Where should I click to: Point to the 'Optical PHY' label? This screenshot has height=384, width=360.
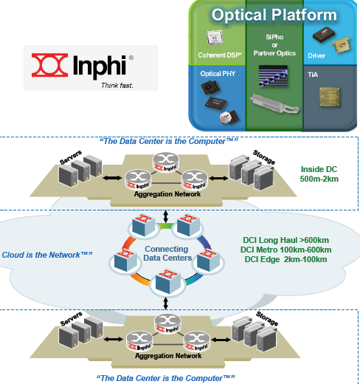click(218, 74)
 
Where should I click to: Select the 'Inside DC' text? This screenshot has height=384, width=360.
click(319, 168)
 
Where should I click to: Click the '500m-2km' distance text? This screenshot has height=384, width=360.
click(319, 179)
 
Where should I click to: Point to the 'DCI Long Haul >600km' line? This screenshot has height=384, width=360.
click(286, 240)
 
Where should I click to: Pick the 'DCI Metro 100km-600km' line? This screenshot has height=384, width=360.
click(286, 250)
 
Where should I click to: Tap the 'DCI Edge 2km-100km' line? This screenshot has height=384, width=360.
click(286, 259)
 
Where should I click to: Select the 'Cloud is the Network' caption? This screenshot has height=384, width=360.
click(46, 254)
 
